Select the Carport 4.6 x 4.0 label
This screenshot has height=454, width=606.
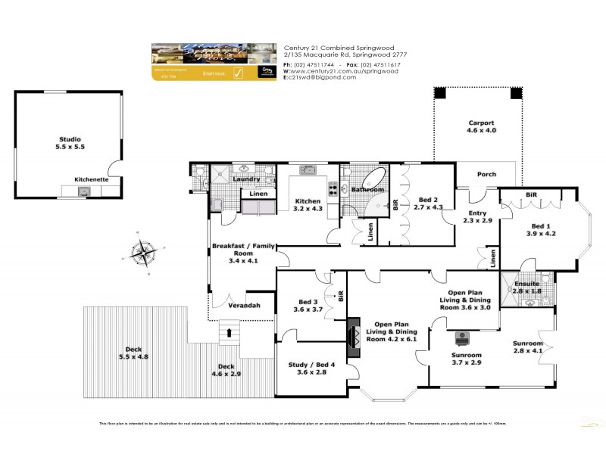(481, 126)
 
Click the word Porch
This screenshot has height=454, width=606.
(486, 175)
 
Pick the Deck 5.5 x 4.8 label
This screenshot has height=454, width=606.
(133, 353)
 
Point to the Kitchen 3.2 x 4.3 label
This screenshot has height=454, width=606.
(308, 205)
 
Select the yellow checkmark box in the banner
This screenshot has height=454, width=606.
(237, 73)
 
